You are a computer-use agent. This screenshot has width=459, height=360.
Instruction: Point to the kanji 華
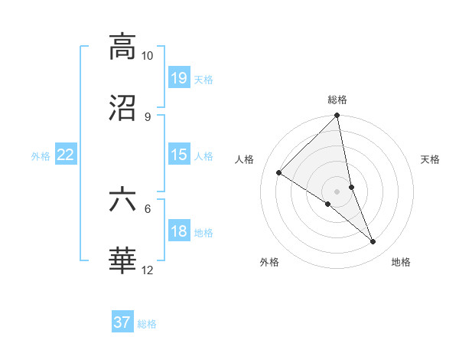(x=122, y=260)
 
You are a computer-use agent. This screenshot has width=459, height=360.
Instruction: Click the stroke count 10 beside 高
(x=147, y=56)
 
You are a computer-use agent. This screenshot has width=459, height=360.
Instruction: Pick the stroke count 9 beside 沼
(x=147, y=116)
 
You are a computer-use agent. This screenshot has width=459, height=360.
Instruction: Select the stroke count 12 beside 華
(x=147, y=270)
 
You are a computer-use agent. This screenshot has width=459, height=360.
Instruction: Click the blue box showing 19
(x=179, y=77)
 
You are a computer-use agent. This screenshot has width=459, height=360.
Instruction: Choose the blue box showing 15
(x=179, y=155)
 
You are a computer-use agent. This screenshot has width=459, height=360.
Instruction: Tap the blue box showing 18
(x=179, y=232)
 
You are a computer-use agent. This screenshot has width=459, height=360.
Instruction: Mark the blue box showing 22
(x=66, y=155)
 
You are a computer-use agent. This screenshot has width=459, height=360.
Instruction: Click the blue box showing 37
(x=122, y=322)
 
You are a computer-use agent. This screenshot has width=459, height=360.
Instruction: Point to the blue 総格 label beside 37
(x=147, y=324)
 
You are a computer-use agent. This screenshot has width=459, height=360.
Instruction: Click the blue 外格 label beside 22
(x=41, y=156)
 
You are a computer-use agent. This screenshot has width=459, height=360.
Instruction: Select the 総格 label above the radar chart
(x=337, y=100)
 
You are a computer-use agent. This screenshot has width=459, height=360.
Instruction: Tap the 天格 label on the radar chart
(x=430, y=159)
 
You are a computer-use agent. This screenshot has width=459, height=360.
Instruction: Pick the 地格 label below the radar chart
(x=401, y=262)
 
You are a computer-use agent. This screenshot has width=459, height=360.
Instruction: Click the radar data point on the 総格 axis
(x=337, y=116)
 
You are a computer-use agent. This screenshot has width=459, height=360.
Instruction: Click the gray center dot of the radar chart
(x=337, y=191)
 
